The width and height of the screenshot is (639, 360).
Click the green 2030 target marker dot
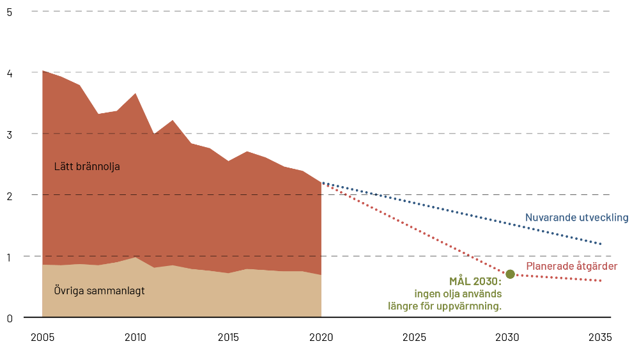510,274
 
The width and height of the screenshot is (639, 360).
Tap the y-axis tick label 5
9,12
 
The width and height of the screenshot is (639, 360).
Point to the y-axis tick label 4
9,72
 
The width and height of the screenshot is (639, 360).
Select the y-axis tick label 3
9,134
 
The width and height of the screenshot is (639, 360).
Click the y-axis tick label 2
9,195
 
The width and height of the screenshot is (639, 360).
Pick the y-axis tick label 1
9,256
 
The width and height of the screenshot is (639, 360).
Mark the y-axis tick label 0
9,318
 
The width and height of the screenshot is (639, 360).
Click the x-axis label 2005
42,337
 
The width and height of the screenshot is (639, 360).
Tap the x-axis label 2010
135,337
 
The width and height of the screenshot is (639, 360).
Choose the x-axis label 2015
228,337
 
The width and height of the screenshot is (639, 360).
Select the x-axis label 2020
321,337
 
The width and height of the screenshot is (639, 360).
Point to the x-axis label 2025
415,337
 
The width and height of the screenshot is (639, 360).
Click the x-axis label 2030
508,337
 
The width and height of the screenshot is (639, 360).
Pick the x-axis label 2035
601,337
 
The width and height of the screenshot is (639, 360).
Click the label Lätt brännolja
87,167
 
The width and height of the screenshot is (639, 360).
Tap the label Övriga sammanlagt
99,291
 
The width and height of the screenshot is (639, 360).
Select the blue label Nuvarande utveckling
576,217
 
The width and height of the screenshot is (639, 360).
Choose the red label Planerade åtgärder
571,266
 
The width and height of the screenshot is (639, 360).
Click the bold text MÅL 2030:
475,281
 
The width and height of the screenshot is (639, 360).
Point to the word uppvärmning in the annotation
473,306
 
